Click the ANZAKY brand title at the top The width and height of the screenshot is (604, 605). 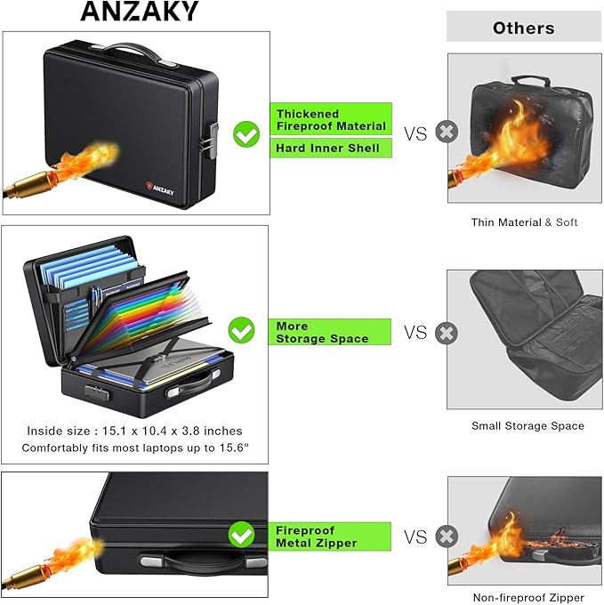pos(140,11)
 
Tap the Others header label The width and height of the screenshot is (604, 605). pos(523,28)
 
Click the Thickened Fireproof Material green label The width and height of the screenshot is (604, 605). pos(331,119)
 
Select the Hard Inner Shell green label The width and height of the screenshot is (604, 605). pos(331,149)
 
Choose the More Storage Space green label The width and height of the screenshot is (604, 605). pos(330,332)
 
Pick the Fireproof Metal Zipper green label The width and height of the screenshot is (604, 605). pos(330,536)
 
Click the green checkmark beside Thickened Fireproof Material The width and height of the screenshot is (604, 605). pos(246,133)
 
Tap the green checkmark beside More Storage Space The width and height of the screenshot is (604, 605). pos(241,330)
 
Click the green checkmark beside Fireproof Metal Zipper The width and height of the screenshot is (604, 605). pos(241,535)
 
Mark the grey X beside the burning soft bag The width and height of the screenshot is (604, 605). pos(447,132)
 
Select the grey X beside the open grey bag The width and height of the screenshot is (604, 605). pos(447,333)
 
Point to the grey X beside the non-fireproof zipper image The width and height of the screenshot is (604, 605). pos(447,536)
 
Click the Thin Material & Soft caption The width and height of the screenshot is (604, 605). pos(524,222)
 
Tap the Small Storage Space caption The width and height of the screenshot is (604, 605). pos(527,426)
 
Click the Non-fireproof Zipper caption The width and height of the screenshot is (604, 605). pos(528,598)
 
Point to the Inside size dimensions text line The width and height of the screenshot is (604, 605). pos(134,431)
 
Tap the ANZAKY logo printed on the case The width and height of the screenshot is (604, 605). pos(160,189)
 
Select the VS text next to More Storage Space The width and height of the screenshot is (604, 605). pos(415,333)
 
